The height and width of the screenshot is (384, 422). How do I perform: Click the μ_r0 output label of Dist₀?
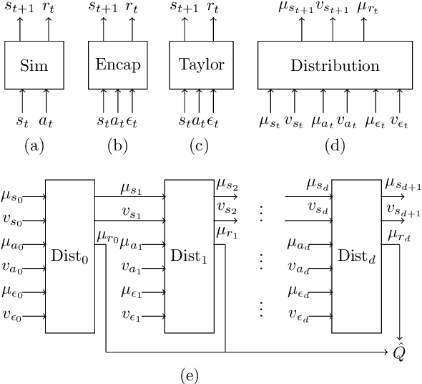coord(106,235)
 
